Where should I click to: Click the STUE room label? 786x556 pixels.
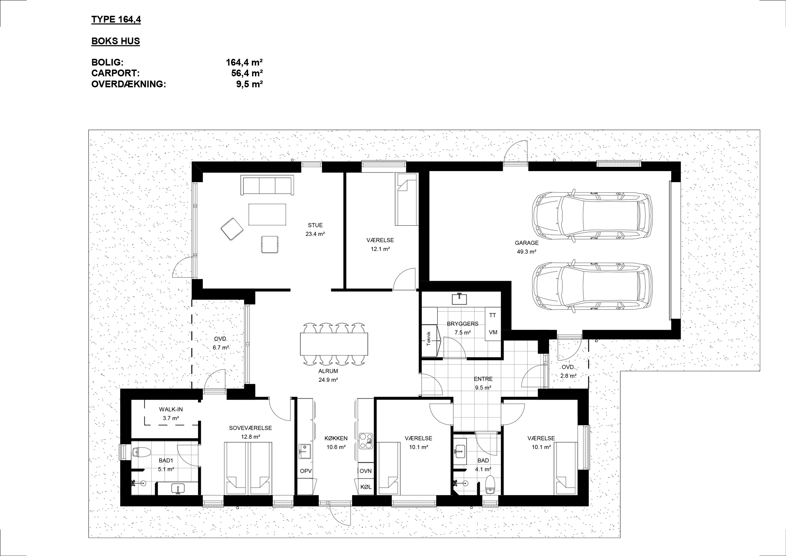315,225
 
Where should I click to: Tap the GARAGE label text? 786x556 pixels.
527,243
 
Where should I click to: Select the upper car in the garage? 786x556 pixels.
592,215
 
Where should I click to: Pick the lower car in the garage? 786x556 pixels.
592,286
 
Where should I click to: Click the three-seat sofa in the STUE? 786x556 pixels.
267,185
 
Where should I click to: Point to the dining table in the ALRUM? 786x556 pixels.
334,344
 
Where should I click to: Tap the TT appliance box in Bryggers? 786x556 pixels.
492,315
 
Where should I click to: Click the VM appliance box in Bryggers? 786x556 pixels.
493,332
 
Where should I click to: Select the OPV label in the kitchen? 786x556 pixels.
306,471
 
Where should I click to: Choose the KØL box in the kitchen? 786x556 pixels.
365,487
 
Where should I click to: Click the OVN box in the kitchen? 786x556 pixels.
365,471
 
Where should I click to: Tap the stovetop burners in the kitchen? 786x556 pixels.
365,441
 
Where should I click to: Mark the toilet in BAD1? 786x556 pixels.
140,452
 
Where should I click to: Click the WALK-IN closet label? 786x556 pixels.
171,409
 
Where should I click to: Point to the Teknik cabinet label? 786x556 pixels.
429,339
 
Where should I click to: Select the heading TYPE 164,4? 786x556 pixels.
116,20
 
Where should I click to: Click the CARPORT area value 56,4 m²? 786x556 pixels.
247,73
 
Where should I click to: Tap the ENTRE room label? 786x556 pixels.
483,379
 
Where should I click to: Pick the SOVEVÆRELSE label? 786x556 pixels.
250,428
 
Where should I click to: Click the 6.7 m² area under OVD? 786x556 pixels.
221,348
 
